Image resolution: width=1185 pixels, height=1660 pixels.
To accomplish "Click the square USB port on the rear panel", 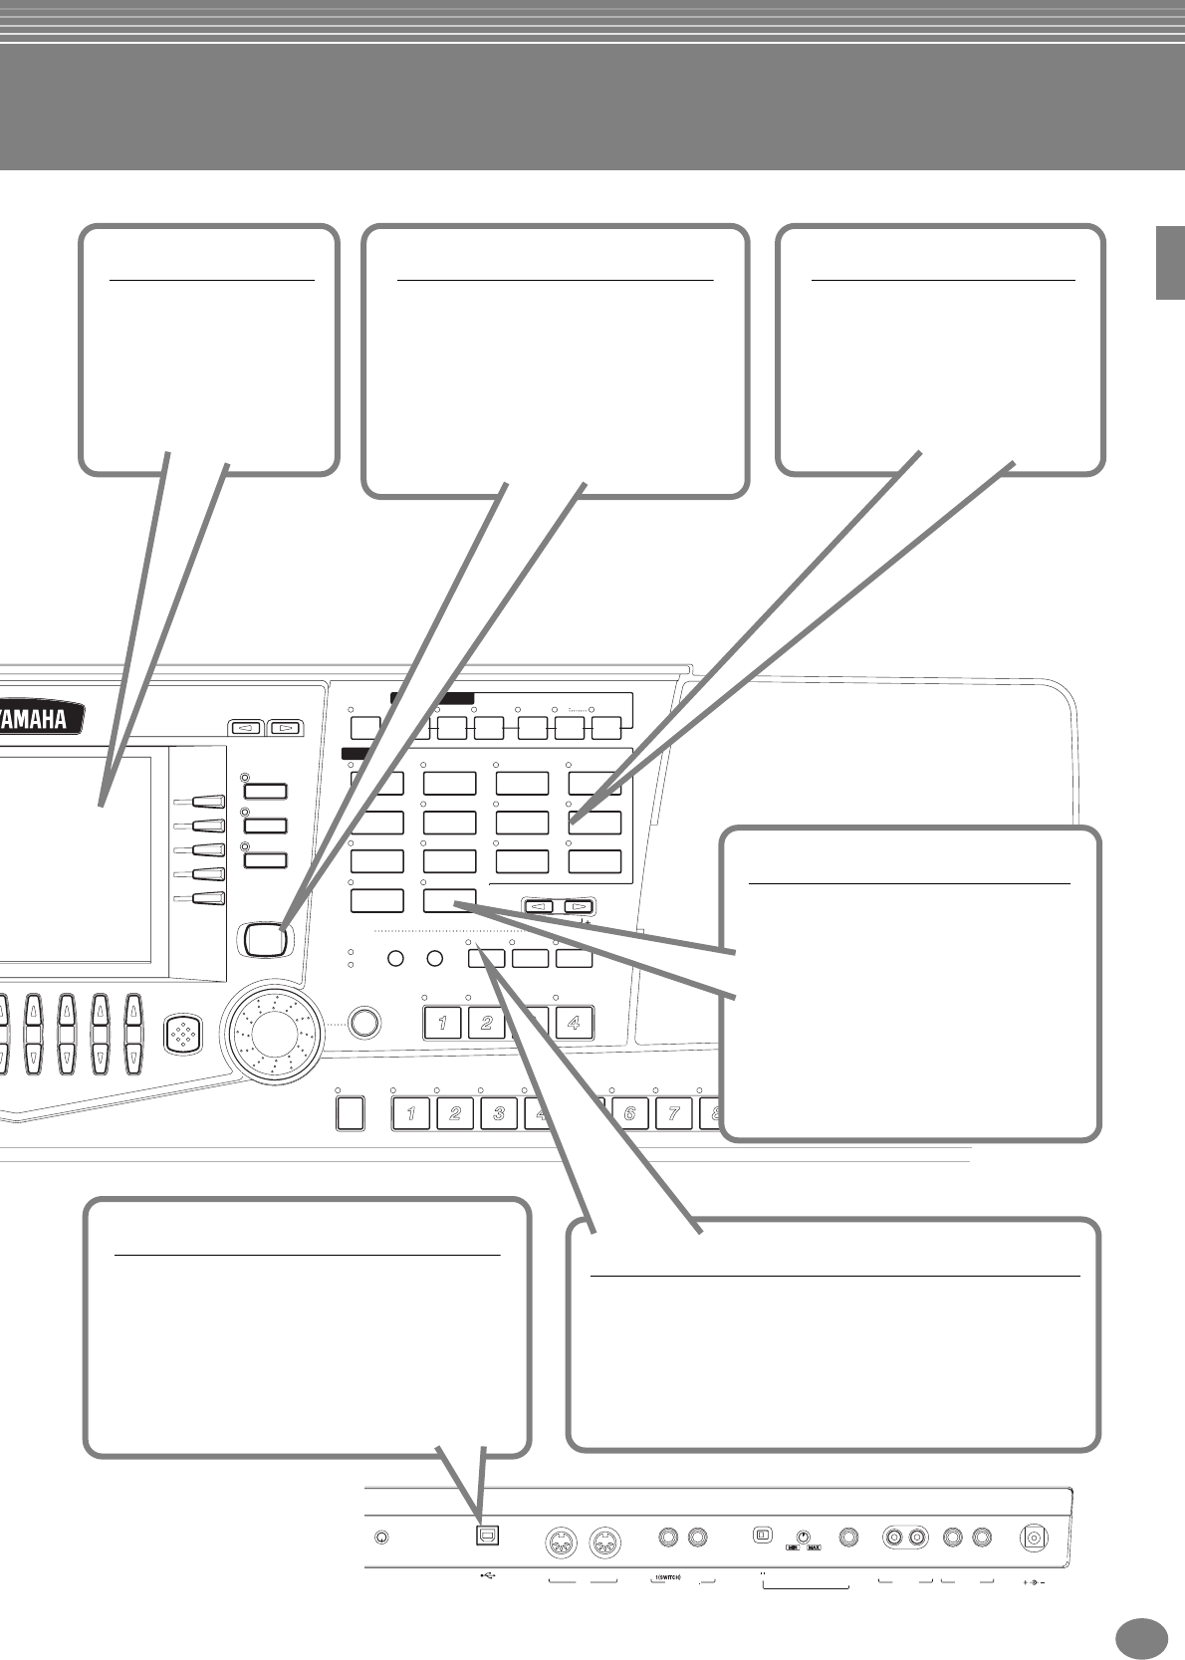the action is point(488,1535).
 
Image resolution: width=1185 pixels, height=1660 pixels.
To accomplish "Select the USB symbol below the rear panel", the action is point(487,1575).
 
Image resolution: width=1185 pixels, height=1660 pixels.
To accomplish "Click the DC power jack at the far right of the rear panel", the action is point(1036,1538).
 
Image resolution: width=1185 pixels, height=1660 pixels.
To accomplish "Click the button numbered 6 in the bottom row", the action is point(629,1112).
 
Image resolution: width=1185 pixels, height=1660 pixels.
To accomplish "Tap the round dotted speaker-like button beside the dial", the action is point(185,1033).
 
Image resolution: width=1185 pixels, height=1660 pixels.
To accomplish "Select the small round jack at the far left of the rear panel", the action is point(381,1537).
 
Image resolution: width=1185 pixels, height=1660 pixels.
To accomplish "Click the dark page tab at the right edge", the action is point(1169,262).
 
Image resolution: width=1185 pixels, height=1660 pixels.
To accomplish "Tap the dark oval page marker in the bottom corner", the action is point(1141,1637).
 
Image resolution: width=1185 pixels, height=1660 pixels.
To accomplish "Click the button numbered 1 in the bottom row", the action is point(411,1112).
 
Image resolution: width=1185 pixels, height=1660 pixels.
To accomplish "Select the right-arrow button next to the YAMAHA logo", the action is point(286,728).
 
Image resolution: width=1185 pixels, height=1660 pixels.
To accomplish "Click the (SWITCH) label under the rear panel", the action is point(668,1576).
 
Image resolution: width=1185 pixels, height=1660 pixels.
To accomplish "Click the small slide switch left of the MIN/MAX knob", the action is point(762,1535).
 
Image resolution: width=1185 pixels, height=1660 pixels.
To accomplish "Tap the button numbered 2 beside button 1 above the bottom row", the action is point(486,1023).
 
